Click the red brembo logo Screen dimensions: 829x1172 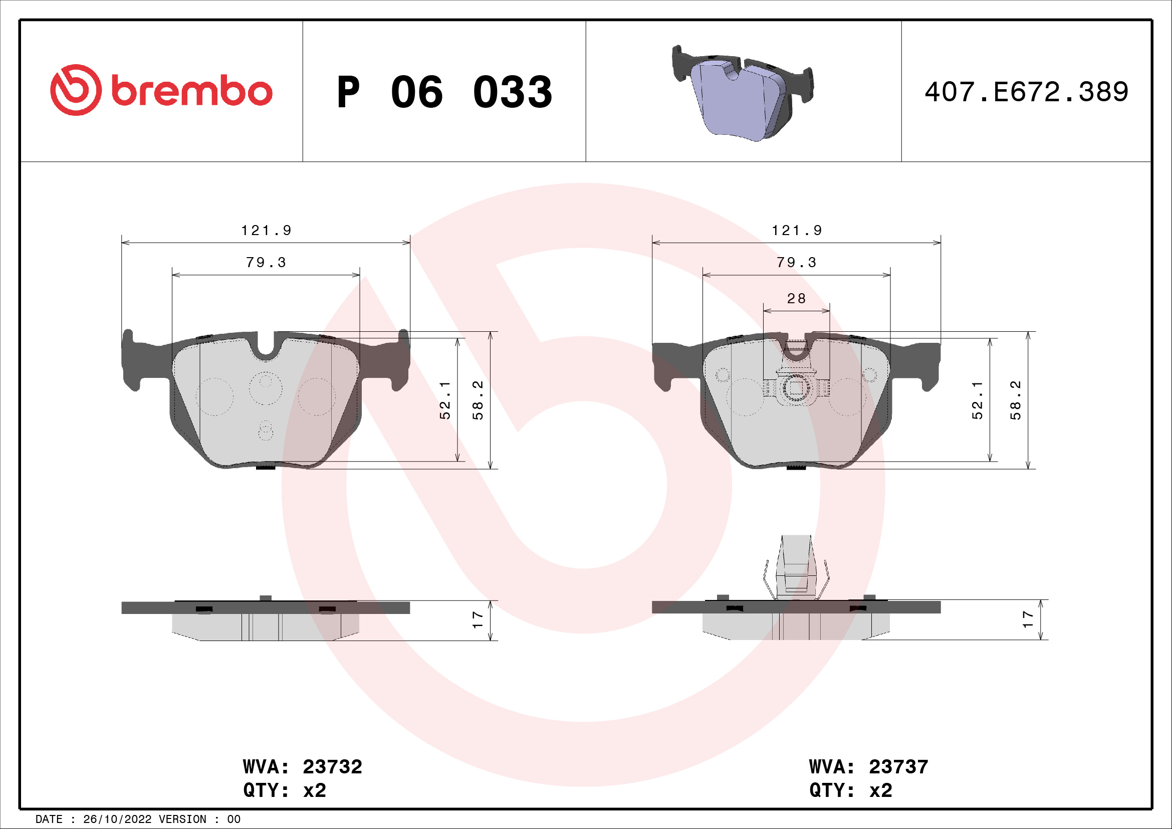[161, 90]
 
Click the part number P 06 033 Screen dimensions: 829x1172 [444, 92]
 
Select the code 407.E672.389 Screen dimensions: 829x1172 [1026, 92]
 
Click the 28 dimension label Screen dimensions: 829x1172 [796, 299]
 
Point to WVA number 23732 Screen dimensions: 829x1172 [332, 767]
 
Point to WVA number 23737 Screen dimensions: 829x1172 [898, 767]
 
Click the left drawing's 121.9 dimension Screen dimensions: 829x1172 [266, 231]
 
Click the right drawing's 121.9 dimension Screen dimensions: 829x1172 [796, 231]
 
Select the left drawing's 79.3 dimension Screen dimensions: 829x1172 [266, 262]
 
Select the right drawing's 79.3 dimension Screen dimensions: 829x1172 [796, 262]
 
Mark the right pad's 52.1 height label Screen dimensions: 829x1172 [977, 400]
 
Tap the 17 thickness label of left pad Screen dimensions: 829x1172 [478, 619]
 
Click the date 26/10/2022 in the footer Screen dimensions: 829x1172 [117, 819]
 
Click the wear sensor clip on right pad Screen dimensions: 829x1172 [795, 388]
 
